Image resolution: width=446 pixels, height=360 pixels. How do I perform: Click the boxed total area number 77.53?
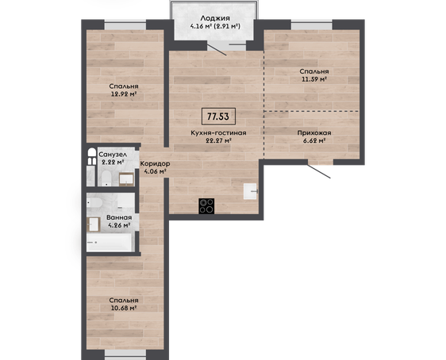point(218,117)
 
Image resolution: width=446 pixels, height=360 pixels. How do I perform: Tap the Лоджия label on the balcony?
point(215,18)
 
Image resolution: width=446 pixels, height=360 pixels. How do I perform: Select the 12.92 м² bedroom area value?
point(124,94)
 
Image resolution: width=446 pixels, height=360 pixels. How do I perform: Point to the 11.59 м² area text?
point(313,79)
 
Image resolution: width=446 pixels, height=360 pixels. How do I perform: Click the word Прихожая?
point(314,132)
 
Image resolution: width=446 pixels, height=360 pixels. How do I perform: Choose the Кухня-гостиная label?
point(218,132)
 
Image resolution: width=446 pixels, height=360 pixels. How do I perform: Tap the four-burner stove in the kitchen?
point(206,206)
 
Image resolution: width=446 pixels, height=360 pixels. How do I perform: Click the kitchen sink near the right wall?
point(251,191)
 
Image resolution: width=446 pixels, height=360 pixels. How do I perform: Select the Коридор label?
point(155,163)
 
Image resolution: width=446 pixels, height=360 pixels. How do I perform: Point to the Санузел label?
point(113,155)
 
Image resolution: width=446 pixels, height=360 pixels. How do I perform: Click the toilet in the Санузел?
point(106,178)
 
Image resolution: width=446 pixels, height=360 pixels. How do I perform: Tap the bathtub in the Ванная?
point(110,243)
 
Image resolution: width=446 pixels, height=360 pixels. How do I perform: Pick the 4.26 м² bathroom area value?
point(119,225)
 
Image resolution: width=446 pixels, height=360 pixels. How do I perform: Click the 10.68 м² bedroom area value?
point(124,308)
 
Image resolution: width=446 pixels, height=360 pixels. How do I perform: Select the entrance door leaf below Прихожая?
point(319,171)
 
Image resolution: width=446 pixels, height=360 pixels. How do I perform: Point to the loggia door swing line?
point(217,48)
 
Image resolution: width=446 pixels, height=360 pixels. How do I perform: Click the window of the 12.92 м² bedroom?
point(125,25)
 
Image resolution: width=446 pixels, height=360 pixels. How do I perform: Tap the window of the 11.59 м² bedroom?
point(312,25)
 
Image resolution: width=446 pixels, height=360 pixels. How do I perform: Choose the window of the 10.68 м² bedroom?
point(125,354)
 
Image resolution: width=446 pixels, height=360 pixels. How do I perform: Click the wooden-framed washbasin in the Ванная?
point(94,224)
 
